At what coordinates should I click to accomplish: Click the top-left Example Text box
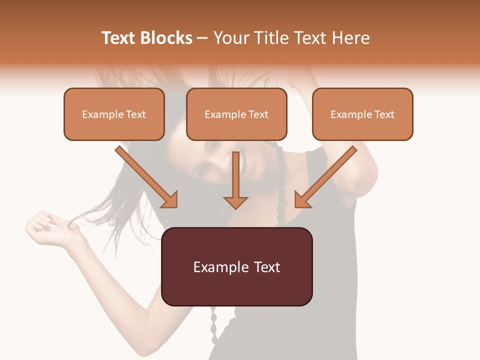(114, 114)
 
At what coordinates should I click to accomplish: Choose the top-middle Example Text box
(236, 114)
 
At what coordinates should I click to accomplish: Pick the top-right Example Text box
(362, 114)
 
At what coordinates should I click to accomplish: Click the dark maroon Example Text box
(236, 266)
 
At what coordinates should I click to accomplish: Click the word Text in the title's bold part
(119, 37)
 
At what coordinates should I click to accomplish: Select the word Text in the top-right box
(384, 114)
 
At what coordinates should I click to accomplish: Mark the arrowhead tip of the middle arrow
(235, 207)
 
